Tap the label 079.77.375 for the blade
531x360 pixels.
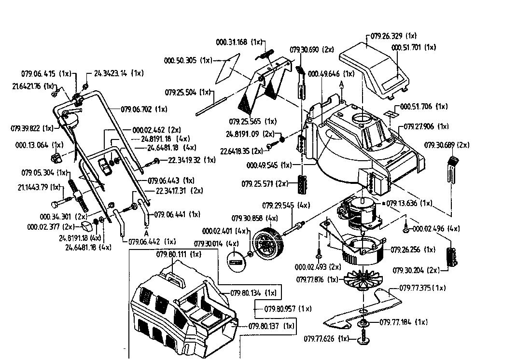[x=416, y=288]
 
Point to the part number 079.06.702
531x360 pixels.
[x=137, y=110]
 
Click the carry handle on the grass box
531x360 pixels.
[x=176, y=277]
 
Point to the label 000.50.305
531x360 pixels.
[x=182, y=60]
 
